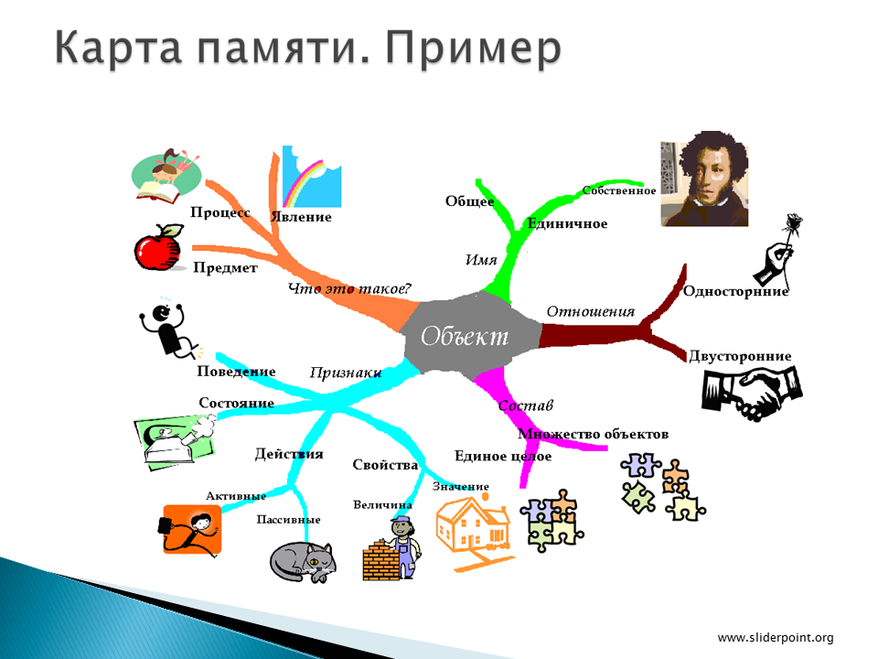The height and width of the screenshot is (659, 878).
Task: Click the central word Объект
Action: [x=465, y=336]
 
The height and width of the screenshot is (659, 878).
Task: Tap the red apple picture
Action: [x=159, y=248]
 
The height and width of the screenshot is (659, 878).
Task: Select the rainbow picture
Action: [x=311, y=177]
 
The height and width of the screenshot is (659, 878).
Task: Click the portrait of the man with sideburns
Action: [x=704, y=178]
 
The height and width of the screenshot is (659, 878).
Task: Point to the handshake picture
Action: [x=752, y=393]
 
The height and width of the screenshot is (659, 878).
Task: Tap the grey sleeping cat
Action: [x=303, y=562]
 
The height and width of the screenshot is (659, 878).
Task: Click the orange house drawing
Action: [x=474, y=531]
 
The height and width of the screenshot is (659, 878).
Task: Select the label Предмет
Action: [x=225, y=268]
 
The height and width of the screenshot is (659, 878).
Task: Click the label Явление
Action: [x=301, y=217]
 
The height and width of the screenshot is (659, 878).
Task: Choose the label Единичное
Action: [x=567, y=223]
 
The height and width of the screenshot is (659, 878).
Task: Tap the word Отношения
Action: [x=591, y=311]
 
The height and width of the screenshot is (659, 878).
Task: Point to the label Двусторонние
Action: [x=740, y=356]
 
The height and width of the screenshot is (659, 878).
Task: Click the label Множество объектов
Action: [x=593, y=434]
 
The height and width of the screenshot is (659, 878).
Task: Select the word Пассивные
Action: [x=288, y=520]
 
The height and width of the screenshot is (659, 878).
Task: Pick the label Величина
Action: [x=382, y=505]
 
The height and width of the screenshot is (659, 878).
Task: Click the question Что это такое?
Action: [x=349, y=288]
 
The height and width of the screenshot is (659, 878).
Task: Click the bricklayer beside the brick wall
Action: [x=405, y=547]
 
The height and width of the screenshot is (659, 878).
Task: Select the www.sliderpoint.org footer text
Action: [x=776, y=638]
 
